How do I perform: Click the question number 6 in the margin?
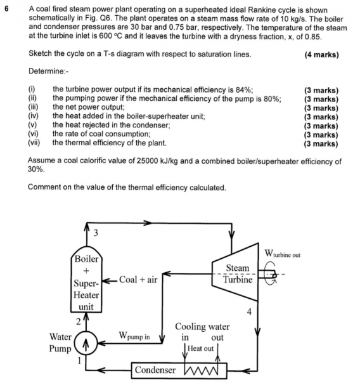click(6, 9)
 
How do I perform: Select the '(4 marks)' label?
click(321, 55)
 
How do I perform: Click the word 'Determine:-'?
click(49, 71)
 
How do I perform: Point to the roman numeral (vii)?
click(34, 143)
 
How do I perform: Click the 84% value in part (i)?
click(244, 89)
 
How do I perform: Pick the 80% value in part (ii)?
click(273, 98)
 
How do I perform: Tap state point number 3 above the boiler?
click(96, 232)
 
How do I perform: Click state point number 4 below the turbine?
click(249, 312)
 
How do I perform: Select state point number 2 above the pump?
click(79, 322)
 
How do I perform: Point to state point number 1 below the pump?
click(79, 360)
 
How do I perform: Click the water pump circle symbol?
click(86, 343)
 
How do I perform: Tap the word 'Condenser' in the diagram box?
click(155, 370)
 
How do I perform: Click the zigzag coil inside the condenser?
click(201, 370)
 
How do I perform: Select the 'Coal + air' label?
click(138, 280)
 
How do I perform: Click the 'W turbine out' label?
click(282, 254)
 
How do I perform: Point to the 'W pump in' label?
click(134, 336)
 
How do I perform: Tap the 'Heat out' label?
click(200, 348)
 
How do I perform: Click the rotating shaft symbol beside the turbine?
click(271, 274)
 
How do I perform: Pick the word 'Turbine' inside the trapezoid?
click(238, 280)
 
